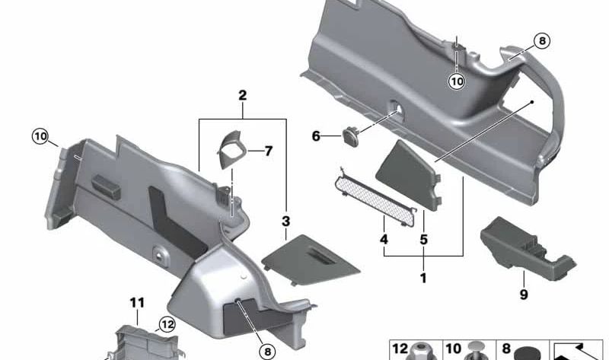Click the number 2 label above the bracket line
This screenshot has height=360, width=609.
point(242,96)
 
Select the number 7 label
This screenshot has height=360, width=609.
point(267,151)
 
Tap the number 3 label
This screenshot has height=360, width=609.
point(285,221)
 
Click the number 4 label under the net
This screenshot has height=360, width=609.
point(384,239)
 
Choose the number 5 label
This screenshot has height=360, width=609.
point(424,239)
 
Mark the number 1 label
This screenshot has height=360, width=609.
point(423,278)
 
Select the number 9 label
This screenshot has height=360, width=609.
point(523,294)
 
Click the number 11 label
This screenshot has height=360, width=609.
point(137,303)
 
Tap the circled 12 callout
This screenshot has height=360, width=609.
point(167,324)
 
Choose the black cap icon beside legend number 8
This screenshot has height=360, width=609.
point(525,352)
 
